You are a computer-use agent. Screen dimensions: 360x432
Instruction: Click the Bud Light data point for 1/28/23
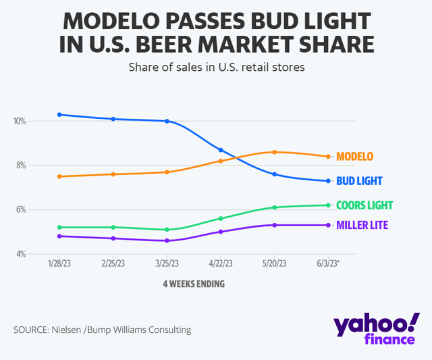coord(60,115)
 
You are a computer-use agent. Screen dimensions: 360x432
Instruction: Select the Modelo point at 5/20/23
coord(274,152)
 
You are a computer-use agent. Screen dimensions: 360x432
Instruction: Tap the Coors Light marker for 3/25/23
coord(167,230)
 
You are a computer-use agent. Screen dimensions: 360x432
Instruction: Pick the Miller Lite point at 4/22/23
coord(221,232)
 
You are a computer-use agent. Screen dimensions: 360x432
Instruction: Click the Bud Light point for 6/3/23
coord(328,181)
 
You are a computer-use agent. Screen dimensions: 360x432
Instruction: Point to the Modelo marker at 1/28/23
coord(60,176)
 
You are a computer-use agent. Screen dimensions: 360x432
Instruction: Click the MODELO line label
coord(354,157)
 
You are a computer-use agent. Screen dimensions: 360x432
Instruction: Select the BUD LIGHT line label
coord(359,181)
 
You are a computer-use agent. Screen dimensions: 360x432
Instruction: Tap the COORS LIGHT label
coord(364,205)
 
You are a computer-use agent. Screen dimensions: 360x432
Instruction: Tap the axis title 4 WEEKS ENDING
coord(194,284)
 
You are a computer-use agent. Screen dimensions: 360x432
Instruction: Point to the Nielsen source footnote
coord(102,330)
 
